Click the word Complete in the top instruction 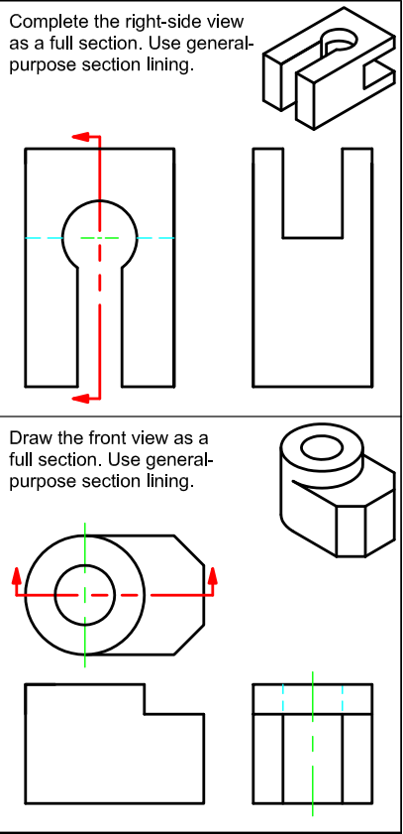[x=47, y=21]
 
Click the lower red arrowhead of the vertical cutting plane [x=85, y=398]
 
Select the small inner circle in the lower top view [x=85, y=595]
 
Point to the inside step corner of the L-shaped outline [x=146, y=713]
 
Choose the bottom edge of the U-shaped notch [x=312, y=238]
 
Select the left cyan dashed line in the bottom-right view [x=283, y=699]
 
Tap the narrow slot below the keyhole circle [x=99, y=327]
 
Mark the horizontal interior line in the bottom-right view [x=313, y=714]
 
